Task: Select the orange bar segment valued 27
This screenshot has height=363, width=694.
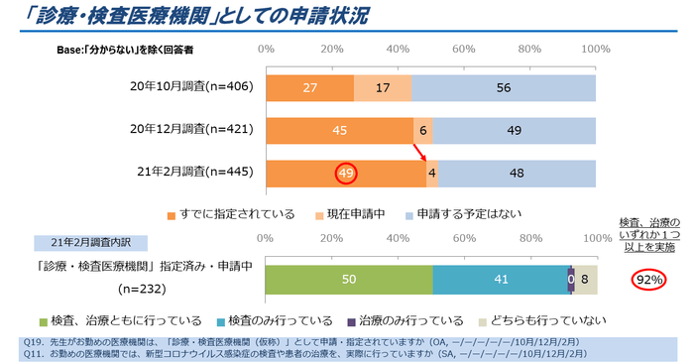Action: coord(308,87)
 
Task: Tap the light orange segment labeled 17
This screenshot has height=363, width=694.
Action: coord(382,87)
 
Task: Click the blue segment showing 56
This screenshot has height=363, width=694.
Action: coord(504,87)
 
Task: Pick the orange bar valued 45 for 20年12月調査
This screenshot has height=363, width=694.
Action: coord(339,130)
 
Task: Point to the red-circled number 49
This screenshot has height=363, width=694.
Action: coord(346,173)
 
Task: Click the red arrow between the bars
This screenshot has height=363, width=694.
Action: coord(420,152)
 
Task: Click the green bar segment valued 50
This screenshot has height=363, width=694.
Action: coord(349,280)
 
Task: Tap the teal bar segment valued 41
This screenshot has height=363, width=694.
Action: coord(500,280)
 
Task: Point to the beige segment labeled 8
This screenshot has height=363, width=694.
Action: coord(586,280)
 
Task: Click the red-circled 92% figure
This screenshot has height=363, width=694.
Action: coord(649,280)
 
